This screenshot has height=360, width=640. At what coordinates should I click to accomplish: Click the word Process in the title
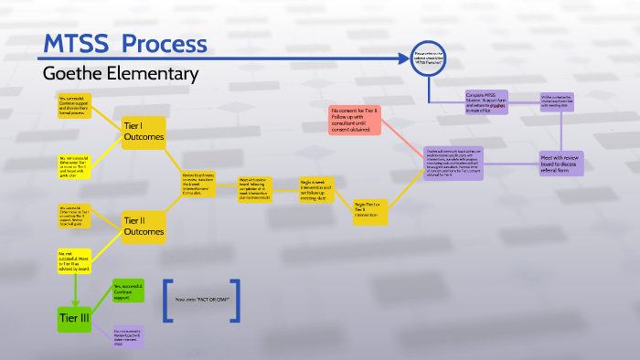(165, 44)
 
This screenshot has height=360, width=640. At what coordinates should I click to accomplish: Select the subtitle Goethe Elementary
(120, 73)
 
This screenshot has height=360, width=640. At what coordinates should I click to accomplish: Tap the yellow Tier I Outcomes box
(144, 131)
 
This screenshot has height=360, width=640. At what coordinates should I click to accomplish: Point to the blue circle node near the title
(427, 58)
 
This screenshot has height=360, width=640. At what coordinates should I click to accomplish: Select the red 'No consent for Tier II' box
(355, 120)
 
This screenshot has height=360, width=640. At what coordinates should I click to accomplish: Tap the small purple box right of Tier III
(129, 335)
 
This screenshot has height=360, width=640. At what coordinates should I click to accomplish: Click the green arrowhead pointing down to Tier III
(73, 295)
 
